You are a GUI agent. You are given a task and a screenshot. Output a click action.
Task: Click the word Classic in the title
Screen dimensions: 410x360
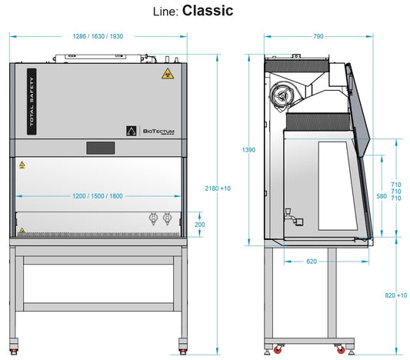point(208,11)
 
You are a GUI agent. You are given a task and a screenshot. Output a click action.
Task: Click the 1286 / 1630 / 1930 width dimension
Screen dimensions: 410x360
point(98,36)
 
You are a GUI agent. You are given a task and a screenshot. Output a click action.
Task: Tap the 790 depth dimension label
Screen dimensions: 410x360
point(318,36)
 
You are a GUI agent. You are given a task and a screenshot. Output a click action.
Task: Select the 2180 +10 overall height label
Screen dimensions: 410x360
point(218,188)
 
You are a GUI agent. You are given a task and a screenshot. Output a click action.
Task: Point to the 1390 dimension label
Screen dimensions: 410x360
point(248,150)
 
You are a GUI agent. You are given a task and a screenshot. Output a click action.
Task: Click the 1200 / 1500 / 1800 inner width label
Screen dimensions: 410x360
point(98,196)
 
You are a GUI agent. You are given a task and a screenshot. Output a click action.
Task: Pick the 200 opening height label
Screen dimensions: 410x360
point(200,225)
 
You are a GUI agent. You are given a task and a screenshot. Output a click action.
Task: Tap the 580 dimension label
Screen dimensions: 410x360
point(382,196)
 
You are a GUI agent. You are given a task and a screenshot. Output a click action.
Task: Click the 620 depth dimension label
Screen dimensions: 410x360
point(312,262)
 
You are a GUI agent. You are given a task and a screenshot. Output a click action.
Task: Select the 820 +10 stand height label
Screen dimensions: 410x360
point(396,295)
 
